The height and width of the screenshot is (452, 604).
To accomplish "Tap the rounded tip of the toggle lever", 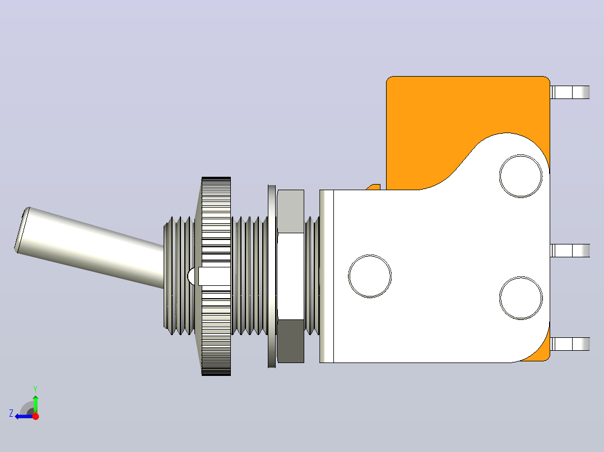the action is (21, 230).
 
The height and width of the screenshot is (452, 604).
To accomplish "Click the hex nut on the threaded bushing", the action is (290, 276).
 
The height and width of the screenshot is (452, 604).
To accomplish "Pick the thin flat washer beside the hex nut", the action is (272, 276).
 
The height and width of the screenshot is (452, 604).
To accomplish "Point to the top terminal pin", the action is (570, 92).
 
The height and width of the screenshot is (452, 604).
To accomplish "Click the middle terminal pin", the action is (570, 251).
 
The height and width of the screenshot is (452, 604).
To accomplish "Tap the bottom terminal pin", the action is (570, 344).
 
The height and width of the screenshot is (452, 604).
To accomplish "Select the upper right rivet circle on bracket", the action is (521, 176).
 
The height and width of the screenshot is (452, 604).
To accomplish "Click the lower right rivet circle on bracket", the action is (521, 298).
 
